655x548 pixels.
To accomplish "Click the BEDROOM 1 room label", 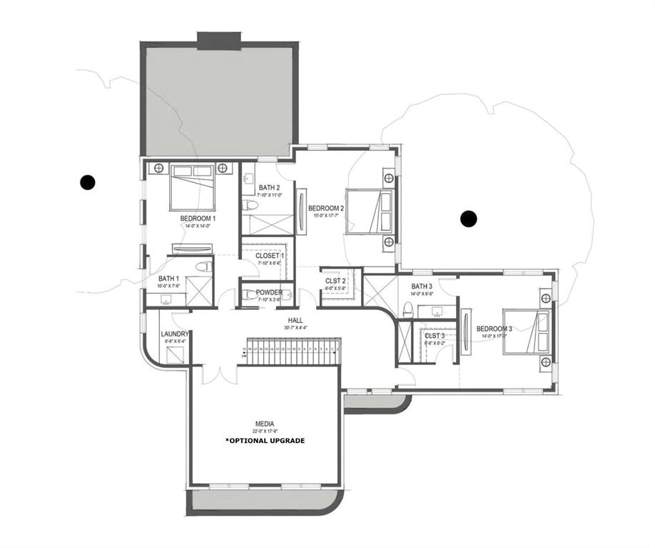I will pos(198,218).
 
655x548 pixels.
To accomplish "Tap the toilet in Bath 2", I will pos(250,206).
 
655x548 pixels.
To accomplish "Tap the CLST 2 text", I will pos(335,281).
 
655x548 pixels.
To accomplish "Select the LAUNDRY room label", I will pos(175,334).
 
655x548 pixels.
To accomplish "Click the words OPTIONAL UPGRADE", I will pos(265,441).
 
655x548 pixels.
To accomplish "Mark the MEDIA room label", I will pos(265,423).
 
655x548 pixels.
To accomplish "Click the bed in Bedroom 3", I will pos(527,331).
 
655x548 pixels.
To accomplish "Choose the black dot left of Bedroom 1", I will pos(88,182).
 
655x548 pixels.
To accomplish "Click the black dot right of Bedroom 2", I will pos(469,219).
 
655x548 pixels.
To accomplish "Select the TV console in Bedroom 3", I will pos(466,330).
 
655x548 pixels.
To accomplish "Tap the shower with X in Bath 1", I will pos(200,291).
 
